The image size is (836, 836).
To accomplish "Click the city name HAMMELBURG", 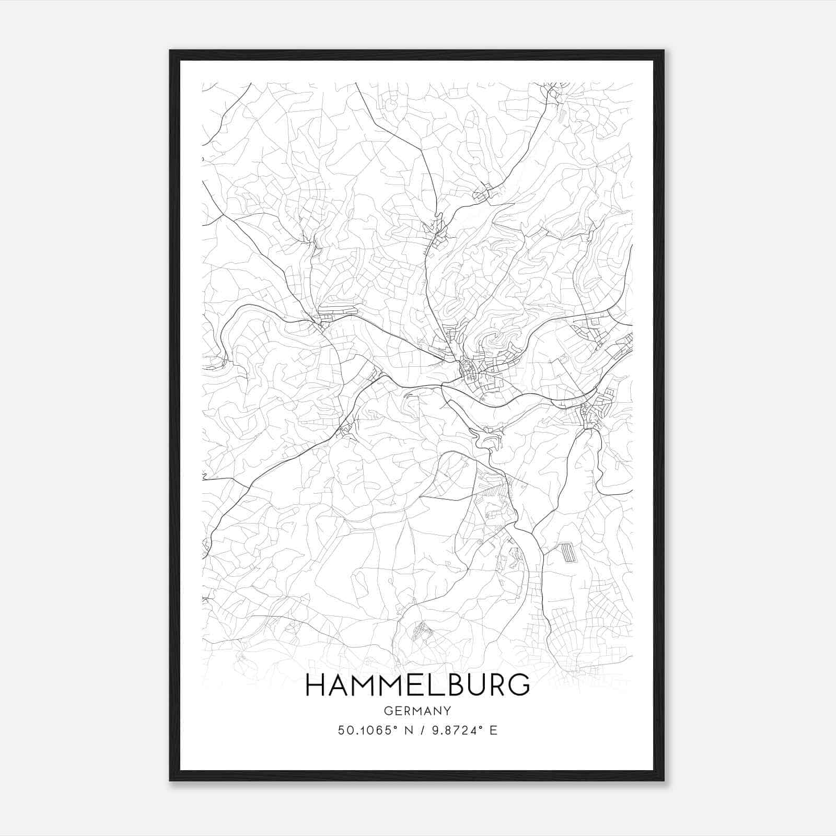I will pyautogui.click(x=417, y=686).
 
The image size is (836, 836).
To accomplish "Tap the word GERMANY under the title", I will pyautogui.click(x=417, y=711).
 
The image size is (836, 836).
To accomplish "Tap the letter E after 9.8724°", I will pyautogui.click(x=493, y=730).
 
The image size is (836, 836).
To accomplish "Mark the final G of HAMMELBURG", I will pyautogui.click(x=519, y=686).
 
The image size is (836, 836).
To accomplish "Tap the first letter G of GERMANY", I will pyautogui.click(x=387, y=711).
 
